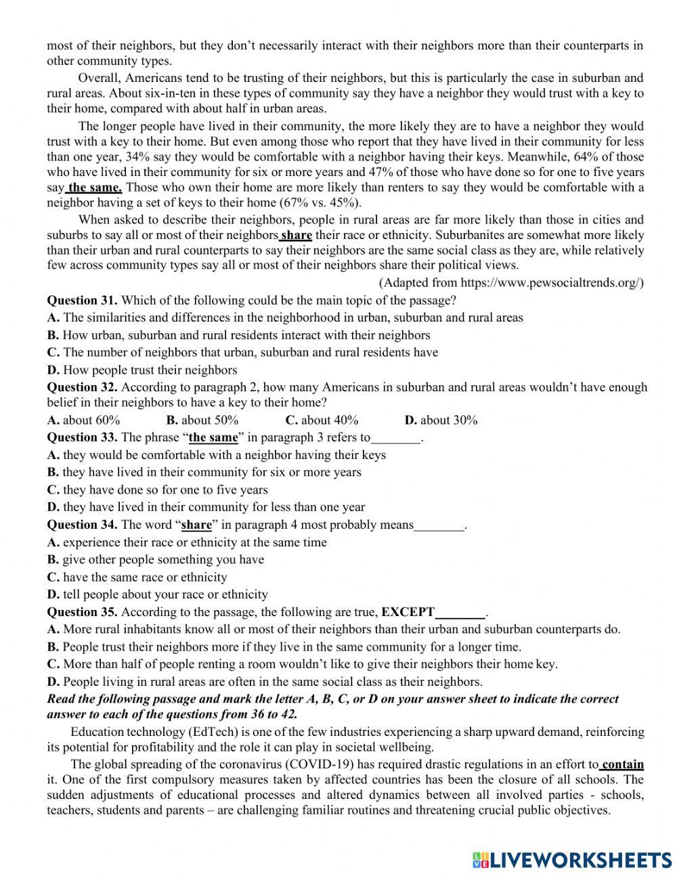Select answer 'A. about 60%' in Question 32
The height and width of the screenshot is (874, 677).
pos(83,420)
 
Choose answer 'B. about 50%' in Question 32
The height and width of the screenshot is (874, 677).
pos(202,420)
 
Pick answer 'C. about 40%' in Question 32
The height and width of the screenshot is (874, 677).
pos(322,420)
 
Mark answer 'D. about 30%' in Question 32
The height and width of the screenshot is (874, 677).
pos(441,420)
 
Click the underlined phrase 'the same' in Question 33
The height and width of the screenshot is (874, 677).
pos(213,437)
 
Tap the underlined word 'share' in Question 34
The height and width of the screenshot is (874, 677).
pos(196,525)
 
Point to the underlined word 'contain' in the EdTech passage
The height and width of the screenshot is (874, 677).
pos(622,764)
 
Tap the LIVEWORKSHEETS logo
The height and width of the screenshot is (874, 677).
pos(572,859)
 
